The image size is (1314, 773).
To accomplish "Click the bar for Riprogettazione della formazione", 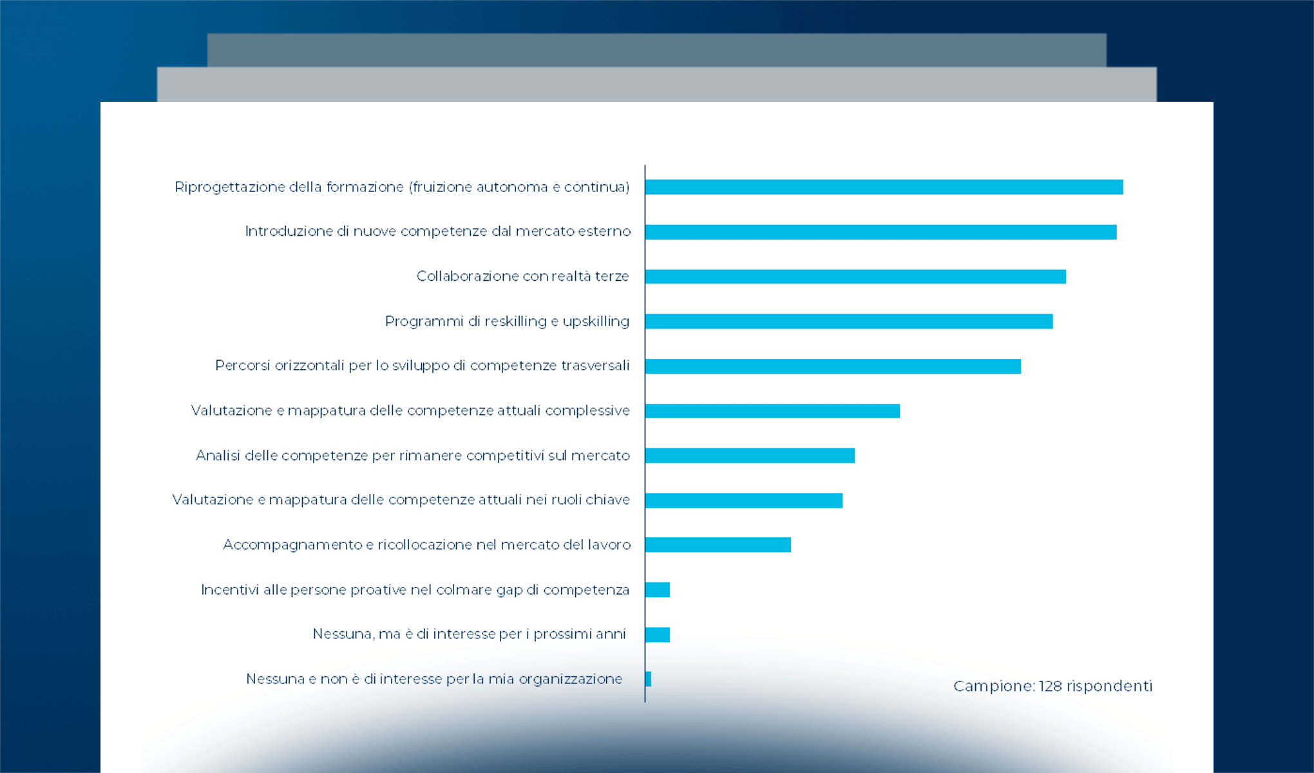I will click(x=884, y=187).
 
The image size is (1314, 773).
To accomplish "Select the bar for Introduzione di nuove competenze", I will click(x=881, y=232).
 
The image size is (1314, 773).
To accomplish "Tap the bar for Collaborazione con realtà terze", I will click(x=855, y=276).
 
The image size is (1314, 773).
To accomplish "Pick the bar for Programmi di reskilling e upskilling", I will click(x=849, y=321).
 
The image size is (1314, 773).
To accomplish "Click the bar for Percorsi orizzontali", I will click(x=833, y=366).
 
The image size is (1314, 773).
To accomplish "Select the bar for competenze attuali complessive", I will click(x=772, y=410).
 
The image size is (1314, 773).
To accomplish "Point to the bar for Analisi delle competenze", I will click(x=750, y=455).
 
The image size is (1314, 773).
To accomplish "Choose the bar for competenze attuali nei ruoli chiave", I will click(x=744, y=500).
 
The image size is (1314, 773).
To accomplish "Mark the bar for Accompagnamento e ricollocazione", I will click(x=718, y=544).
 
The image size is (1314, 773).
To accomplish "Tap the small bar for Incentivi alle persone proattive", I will click(x=658, y=589).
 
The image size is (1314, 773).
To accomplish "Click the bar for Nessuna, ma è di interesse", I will click(x=658, y=635).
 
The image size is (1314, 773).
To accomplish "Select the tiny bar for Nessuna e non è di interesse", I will click(x=648, y=679).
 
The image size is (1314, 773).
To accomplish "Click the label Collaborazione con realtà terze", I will click(x=522, y=276).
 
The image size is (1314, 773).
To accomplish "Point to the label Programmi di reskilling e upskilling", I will click(x=507, y=321).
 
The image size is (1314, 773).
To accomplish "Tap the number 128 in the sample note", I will click(x=1050, y=686).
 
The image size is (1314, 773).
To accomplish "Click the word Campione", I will click(x=993, y=686).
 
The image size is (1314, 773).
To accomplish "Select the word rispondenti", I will click(x=1109, y=686).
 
